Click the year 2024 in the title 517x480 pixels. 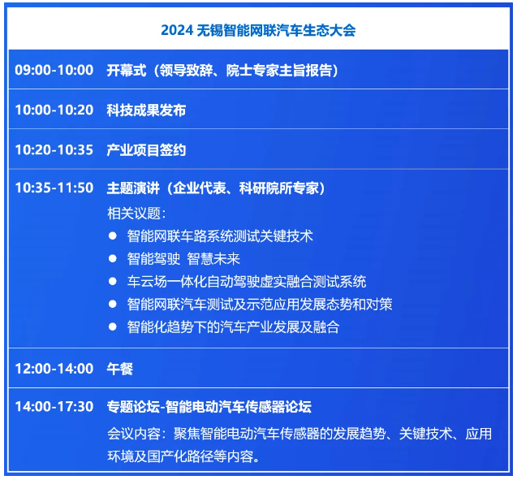(x=177, y=30)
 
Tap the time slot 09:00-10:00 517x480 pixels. (x=54, y=70)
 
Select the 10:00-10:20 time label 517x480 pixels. (x=54, y=110)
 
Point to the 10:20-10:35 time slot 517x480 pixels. (x=54, y=149)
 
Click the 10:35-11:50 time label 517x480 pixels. (x=54, y=188)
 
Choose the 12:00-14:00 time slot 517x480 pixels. (x=54, y=369)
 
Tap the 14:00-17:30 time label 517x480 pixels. (x=54, y=406)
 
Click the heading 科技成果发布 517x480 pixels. (x=146, y=110)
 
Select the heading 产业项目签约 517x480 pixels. (x=146, y=150)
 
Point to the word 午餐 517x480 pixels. (x=120, y=369)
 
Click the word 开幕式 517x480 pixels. (x=127, y=71)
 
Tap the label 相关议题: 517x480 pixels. (x=136, y=214)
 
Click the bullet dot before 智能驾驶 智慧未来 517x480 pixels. (x=113, y=258)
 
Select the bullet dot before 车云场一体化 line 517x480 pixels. (x=113, y=281)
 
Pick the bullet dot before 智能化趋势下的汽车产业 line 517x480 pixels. (x=113, y=326)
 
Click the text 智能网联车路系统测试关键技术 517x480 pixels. (x=220, y=236)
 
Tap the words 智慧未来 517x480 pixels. (x=213, y=258)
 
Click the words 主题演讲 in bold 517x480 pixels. (x=133, y=188)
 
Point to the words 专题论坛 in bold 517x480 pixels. (x=133, y=407)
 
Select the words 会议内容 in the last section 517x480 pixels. (x=134, y=434)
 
